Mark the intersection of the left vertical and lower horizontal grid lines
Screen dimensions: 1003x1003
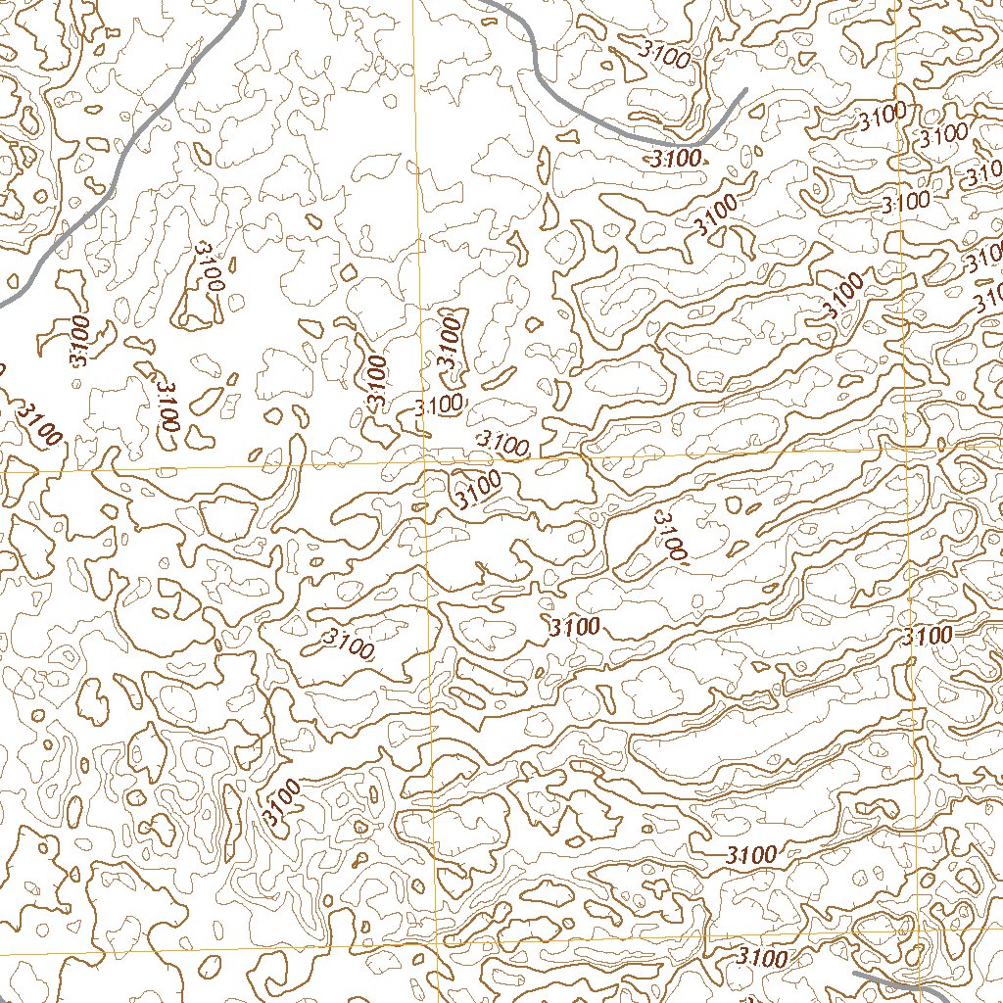[x=432, y=946]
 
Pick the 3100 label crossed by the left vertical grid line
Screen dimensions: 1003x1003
[x=439, y=404]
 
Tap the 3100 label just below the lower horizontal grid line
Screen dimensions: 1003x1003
[x=762, y=957]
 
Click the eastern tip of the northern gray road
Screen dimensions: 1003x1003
[x=745, y=90]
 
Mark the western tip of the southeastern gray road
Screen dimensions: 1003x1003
[x=855, y=975]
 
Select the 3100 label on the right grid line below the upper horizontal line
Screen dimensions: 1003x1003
[x=928, y=635]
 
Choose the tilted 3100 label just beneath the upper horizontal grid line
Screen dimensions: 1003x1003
[x=477, y=488]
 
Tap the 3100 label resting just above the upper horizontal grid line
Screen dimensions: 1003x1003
[x=501, y=444]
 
